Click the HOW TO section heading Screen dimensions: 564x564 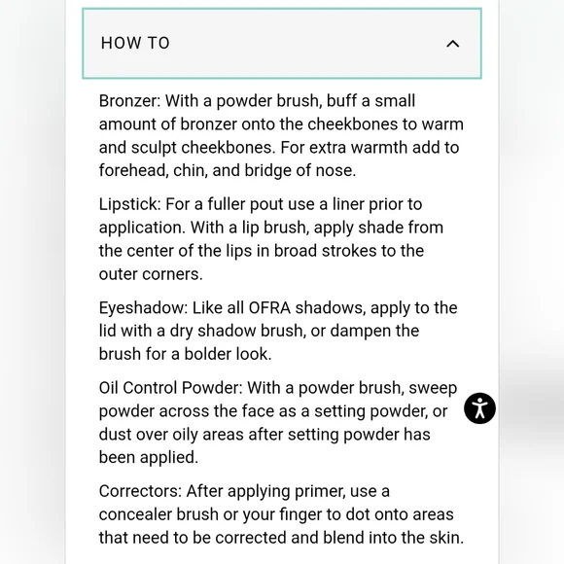[x=135, y=43]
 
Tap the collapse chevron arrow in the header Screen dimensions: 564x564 [x=452, y=44]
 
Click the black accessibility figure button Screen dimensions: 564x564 [x=479, y=408]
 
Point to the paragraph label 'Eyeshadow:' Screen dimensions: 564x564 [x=144, y=308]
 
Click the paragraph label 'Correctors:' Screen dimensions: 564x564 [x=140, y=491]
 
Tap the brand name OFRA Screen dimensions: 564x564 [x=269, y=308]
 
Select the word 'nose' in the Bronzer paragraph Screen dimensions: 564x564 [x=335, y=171]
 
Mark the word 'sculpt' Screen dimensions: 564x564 [x=154, y=148]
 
